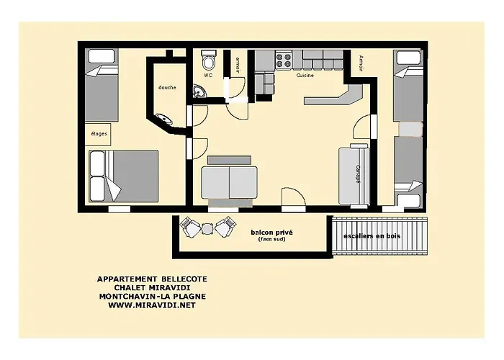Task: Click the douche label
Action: [x=167, y=87]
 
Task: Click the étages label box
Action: [x=99, y=135]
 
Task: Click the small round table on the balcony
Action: [x=207, y=228]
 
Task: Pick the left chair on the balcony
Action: [x=191, y=228]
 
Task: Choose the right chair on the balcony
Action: [x=225, y=228]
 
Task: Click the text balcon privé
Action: [x=271, y=233]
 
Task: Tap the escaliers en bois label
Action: [x=372, y=235]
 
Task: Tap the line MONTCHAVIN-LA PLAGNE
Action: [x=146, y=296]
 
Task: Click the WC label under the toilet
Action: [x=207, y=74]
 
